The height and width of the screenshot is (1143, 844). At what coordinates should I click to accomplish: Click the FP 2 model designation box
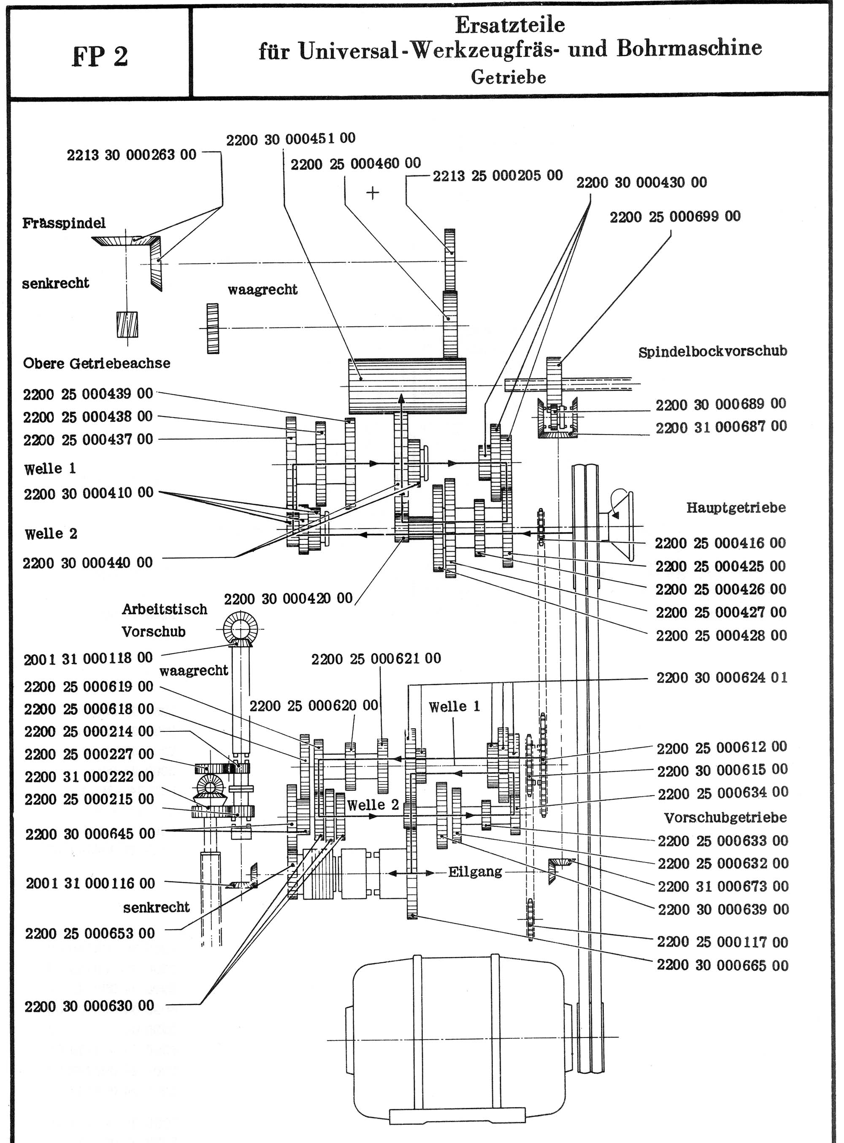click(100, 56)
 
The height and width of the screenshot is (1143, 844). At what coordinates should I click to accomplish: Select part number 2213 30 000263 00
click(131, 155)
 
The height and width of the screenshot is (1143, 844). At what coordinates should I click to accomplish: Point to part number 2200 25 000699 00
click(674, 216)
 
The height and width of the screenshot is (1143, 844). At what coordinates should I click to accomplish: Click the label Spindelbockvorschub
click(712, 351)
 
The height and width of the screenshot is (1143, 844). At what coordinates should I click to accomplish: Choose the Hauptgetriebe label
click(735, 507)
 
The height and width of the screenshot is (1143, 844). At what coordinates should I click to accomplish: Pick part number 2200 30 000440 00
click(88, 563)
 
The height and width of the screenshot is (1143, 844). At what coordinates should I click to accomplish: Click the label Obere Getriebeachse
click(97, 364)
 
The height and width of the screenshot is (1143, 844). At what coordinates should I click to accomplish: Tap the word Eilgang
click(475, 871)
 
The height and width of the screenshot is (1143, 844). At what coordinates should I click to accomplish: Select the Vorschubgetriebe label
click(725, 817)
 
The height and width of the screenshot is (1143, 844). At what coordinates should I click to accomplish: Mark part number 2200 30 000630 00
click(89, 1006)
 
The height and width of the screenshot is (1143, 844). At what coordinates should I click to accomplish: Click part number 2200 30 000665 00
click(722, 965)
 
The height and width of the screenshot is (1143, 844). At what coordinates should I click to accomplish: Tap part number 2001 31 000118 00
click(88, 658)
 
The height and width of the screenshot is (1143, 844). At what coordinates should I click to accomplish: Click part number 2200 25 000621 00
click(376, 658)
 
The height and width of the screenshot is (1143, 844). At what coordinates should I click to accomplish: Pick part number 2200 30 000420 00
click(288, 598)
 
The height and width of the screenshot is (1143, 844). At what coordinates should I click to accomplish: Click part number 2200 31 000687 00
click(721, 426)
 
